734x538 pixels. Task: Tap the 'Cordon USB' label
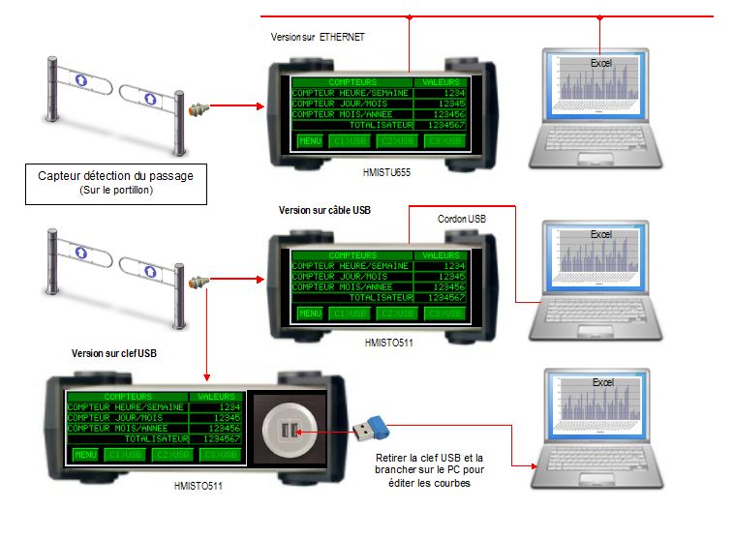(462, 219)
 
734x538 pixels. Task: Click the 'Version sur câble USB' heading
(324, 209)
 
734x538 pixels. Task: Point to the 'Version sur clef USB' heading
(114, 353)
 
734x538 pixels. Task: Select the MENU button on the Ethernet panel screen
(309, 141)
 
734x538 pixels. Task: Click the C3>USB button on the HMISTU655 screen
(446, 141)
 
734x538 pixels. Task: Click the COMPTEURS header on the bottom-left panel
(128, 397)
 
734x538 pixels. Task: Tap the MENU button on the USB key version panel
(85, 454)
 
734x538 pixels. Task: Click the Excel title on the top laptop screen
(601, 63)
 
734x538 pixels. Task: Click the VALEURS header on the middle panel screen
(441, 256)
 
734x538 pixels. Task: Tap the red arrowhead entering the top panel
(260, 106)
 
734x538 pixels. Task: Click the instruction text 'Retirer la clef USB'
(425, 459)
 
